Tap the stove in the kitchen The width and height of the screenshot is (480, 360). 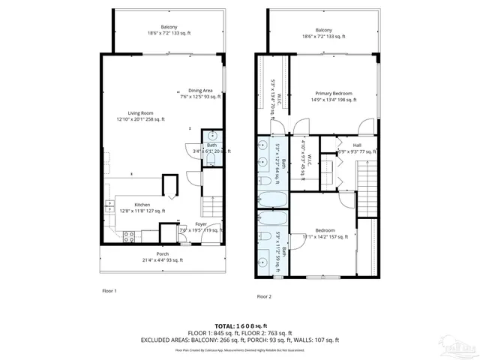click(x=128, y=237)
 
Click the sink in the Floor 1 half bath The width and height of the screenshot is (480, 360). click(x=212, y=136)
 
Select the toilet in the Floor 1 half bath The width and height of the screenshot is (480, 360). click(x=212, y=159)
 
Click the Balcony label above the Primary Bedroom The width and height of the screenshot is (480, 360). click(x=318, y=31)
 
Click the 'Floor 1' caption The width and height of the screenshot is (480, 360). click(x=110, y=289)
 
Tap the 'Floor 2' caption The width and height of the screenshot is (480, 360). click(x=264, y=296)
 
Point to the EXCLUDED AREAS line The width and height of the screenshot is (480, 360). click(x=239, y=340)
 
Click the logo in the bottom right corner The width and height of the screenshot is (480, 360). click(x=457, y=347)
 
